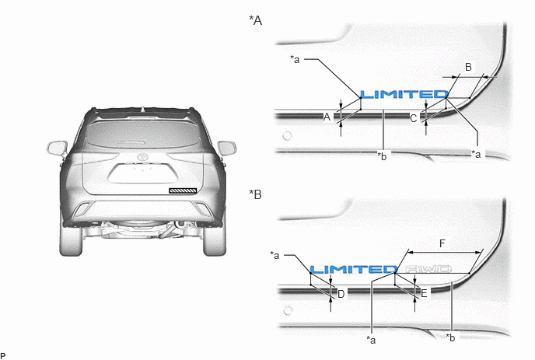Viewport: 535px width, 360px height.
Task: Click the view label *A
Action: (x=256, y=20)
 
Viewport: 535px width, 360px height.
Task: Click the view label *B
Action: (x=256, y=194)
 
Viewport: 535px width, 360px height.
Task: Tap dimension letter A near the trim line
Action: (x=327, y=117)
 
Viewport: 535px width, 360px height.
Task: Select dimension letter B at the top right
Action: (x=468, y=67)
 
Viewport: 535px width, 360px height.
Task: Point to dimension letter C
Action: (x=413, y=118)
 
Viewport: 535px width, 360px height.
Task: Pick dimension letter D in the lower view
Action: (x=341, y=294)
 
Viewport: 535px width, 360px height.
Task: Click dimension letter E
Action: (x=424, y=293)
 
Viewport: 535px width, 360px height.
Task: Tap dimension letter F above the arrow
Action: (x=442, y=243)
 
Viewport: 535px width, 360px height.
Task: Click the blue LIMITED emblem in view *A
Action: (x=404, y=94)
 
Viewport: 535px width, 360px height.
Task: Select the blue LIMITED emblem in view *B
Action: (x=354, y=269)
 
